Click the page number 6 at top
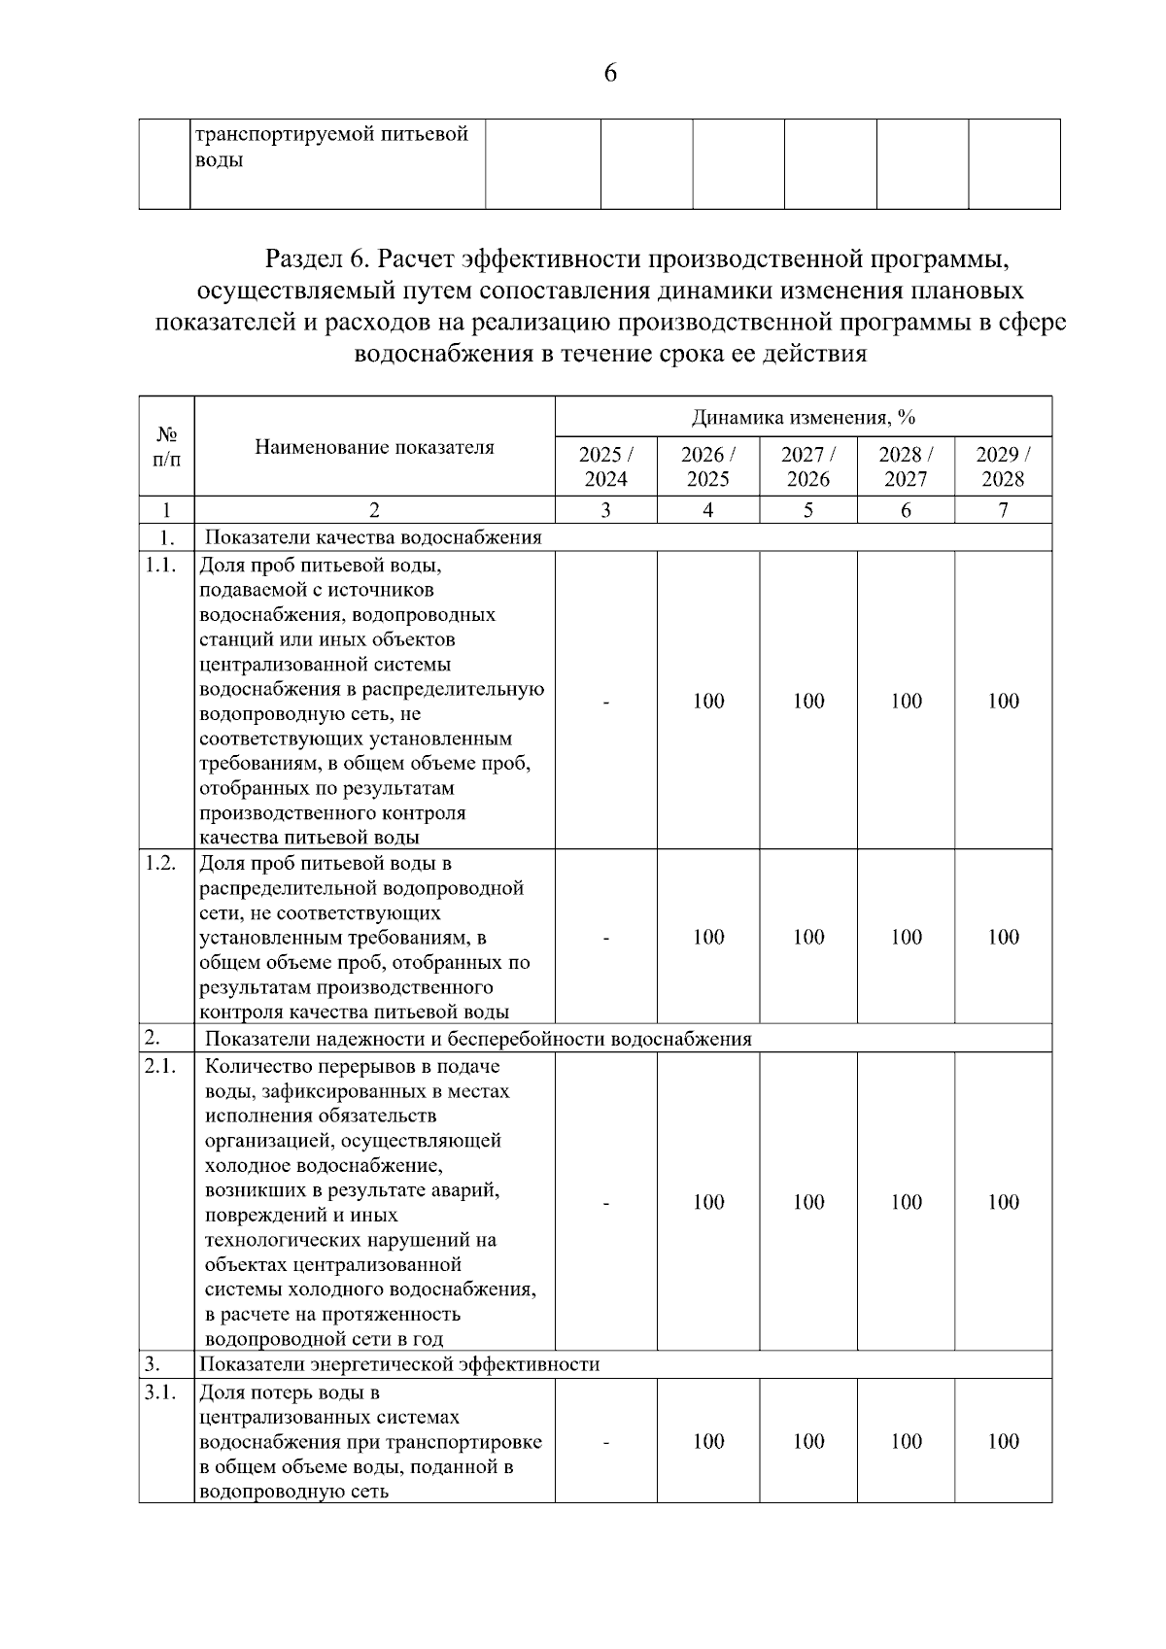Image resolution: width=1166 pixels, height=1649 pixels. [x=610, y=74]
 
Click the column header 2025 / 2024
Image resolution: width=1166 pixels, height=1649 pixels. [x=605, y=466]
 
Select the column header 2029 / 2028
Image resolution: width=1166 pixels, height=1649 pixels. [x=1003, y=466]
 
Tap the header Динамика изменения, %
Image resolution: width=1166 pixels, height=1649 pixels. [x=803, y=418]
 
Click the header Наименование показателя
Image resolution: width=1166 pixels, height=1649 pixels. [x=374, y=447]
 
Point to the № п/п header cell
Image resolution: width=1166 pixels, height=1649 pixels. [x=166, y=447]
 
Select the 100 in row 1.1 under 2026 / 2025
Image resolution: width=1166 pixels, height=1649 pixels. [x=708, y=701]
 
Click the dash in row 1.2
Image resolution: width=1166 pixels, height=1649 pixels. [x=605, y=938]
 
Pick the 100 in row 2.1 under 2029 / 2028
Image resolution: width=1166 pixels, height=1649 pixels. [x=1003, y=1202]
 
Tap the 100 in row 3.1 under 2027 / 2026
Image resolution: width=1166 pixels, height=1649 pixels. [x=808, y=1441]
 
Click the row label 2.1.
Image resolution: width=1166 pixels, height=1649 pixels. [x=160, y=1066]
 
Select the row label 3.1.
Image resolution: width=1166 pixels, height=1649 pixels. [x=160, y=1392]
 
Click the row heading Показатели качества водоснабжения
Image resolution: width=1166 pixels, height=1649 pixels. [x=373, y=537]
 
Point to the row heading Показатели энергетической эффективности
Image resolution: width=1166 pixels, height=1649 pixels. [x=399, y=1364]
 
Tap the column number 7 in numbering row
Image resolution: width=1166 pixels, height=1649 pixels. [x=1003, y=510]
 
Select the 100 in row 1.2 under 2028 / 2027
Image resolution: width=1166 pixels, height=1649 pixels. [x=906, y=938]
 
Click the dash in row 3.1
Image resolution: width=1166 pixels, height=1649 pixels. [x=605, y=1442]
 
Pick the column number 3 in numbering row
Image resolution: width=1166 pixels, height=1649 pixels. [x=605, y=510]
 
